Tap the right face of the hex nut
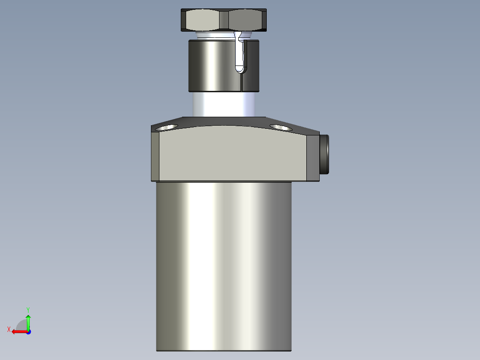pyautogui.click(x=247, y=20)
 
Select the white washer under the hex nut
pyautogui.click(x=214, y=34)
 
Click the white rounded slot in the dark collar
pyautogui.click(x=240, y=53)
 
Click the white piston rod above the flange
pyautogui.click(x=223, y=104)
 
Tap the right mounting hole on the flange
pyautogui.click(x=280, y=128)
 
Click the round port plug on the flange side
pyautogui.click(x=325, y=154)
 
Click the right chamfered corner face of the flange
pyautogui.click(x=313, y=158)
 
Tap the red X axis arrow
pyautogui.click(x=19, y=331)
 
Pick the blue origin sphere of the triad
pyautogui.click(x=28, y=331)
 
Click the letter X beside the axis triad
pyautogui.click(x=9, y=329)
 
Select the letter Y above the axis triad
pyautogui.click(x=28, y=309)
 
